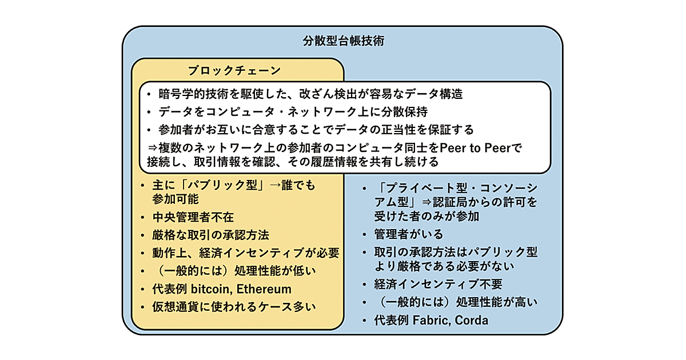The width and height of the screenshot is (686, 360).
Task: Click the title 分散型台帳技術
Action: click(343, 42)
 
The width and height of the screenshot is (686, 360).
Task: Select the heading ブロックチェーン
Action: click(234, 70)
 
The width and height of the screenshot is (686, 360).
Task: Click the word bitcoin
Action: click(209, 289)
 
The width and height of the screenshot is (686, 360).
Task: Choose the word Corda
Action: click(472, 321)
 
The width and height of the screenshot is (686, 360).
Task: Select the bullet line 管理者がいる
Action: click(408, 234)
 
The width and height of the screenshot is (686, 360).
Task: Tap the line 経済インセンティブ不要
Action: click(438, 284)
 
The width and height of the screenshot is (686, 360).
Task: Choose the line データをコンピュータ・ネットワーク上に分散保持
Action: click(293, 112)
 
